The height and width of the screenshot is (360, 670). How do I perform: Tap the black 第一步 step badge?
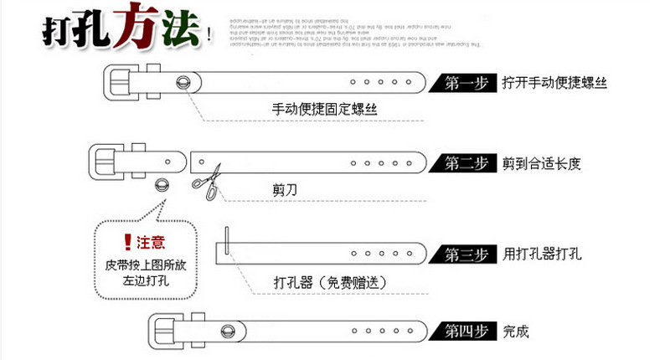coord(463,83)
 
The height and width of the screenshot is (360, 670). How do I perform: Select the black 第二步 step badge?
coord(463,163)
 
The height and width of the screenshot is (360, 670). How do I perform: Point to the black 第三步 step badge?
coord(463,254)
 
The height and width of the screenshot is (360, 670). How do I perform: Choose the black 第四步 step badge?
coord(463,330)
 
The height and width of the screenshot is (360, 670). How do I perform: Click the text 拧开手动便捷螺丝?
coord(554,83)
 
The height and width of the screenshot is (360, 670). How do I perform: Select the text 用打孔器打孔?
coord(542,254)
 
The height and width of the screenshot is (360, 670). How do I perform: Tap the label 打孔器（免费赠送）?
coord(330,283)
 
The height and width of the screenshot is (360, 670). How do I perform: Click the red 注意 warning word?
coord(151,243)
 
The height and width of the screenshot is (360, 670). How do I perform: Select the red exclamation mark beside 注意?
coord(127,243)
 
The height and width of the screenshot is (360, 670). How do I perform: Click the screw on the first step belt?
coord(183,81)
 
